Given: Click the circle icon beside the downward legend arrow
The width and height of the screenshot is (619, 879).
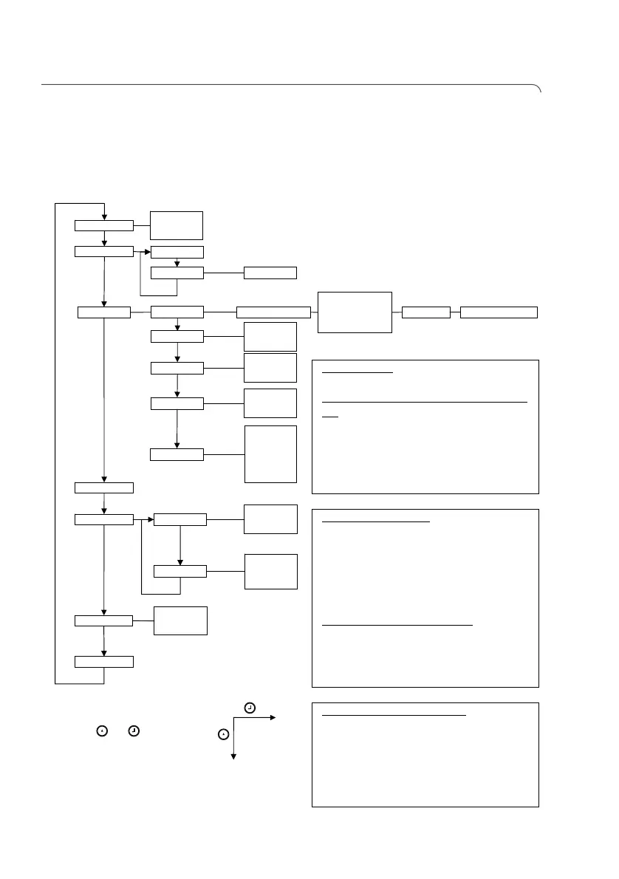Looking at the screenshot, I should click(x=224, y=734).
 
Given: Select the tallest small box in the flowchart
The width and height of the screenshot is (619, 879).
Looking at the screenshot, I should click(x=270, y=454).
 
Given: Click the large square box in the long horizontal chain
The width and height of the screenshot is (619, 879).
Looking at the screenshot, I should click(x=355, y=312).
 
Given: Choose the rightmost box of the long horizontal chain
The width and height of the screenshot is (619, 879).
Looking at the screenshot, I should click(x=499, y=312).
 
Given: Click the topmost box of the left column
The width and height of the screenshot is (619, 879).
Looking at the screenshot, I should click(x=104, y=225).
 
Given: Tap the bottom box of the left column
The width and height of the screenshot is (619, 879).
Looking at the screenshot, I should click(x=104, y=661).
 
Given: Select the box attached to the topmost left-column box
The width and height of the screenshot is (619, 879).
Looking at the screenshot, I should click(x=177, y=225).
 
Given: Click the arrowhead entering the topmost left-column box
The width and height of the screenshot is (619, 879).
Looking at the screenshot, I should click(x=105, y=216).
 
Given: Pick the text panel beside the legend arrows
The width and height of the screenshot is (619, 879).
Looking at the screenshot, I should click(x=425, y=754).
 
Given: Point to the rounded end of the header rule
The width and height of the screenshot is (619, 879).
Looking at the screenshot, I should click(x=538, y=88).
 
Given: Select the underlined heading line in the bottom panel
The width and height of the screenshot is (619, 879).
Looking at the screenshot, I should click(x=394, y=715).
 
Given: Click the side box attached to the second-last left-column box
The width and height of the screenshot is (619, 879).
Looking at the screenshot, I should click(x=180, y=620).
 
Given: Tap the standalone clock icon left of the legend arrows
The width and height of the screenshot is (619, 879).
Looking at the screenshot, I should click(x=133, y=731).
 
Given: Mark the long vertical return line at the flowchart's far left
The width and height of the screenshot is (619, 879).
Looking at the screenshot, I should click(x=55, y=443).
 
